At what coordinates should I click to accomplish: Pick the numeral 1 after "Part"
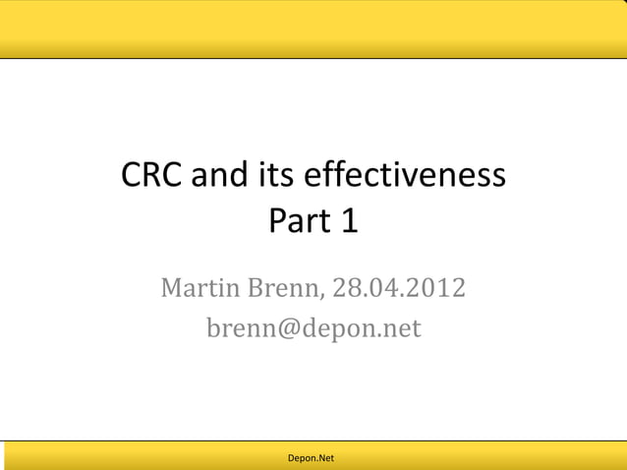click(349, 222)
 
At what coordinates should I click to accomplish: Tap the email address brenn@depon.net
click(313, 327)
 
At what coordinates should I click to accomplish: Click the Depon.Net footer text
click(311, 458)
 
